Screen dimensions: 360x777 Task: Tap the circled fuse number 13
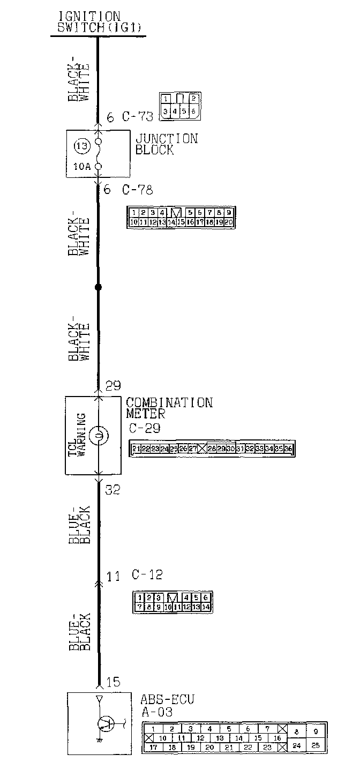coord(80,146)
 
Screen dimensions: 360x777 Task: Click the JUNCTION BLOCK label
coord(166,144)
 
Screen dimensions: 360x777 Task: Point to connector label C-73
coord(138,116)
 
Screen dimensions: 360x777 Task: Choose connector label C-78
coord(138,189)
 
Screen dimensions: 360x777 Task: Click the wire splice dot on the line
coord(98,287)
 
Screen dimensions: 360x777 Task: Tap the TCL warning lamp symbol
coord(98,436)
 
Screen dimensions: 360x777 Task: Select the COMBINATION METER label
coord(169,408)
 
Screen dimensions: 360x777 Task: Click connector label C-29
coord(145,428)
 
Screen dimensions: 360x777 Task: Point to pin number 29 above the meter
coord(113,386)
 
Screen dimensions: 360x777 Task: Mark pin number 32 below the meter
coord(112,489)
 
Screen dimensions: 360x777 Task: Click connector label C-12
coord(147,575)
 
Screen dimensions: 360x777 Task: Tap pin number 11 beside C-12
coord(112,577)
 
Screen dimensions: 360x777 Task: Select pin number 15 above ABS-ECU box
coord(113,682)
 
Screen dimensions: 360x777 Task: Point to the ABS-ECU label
coord(167,699)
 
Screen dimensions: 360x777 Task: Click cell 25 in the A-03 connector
coord(316,745)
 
